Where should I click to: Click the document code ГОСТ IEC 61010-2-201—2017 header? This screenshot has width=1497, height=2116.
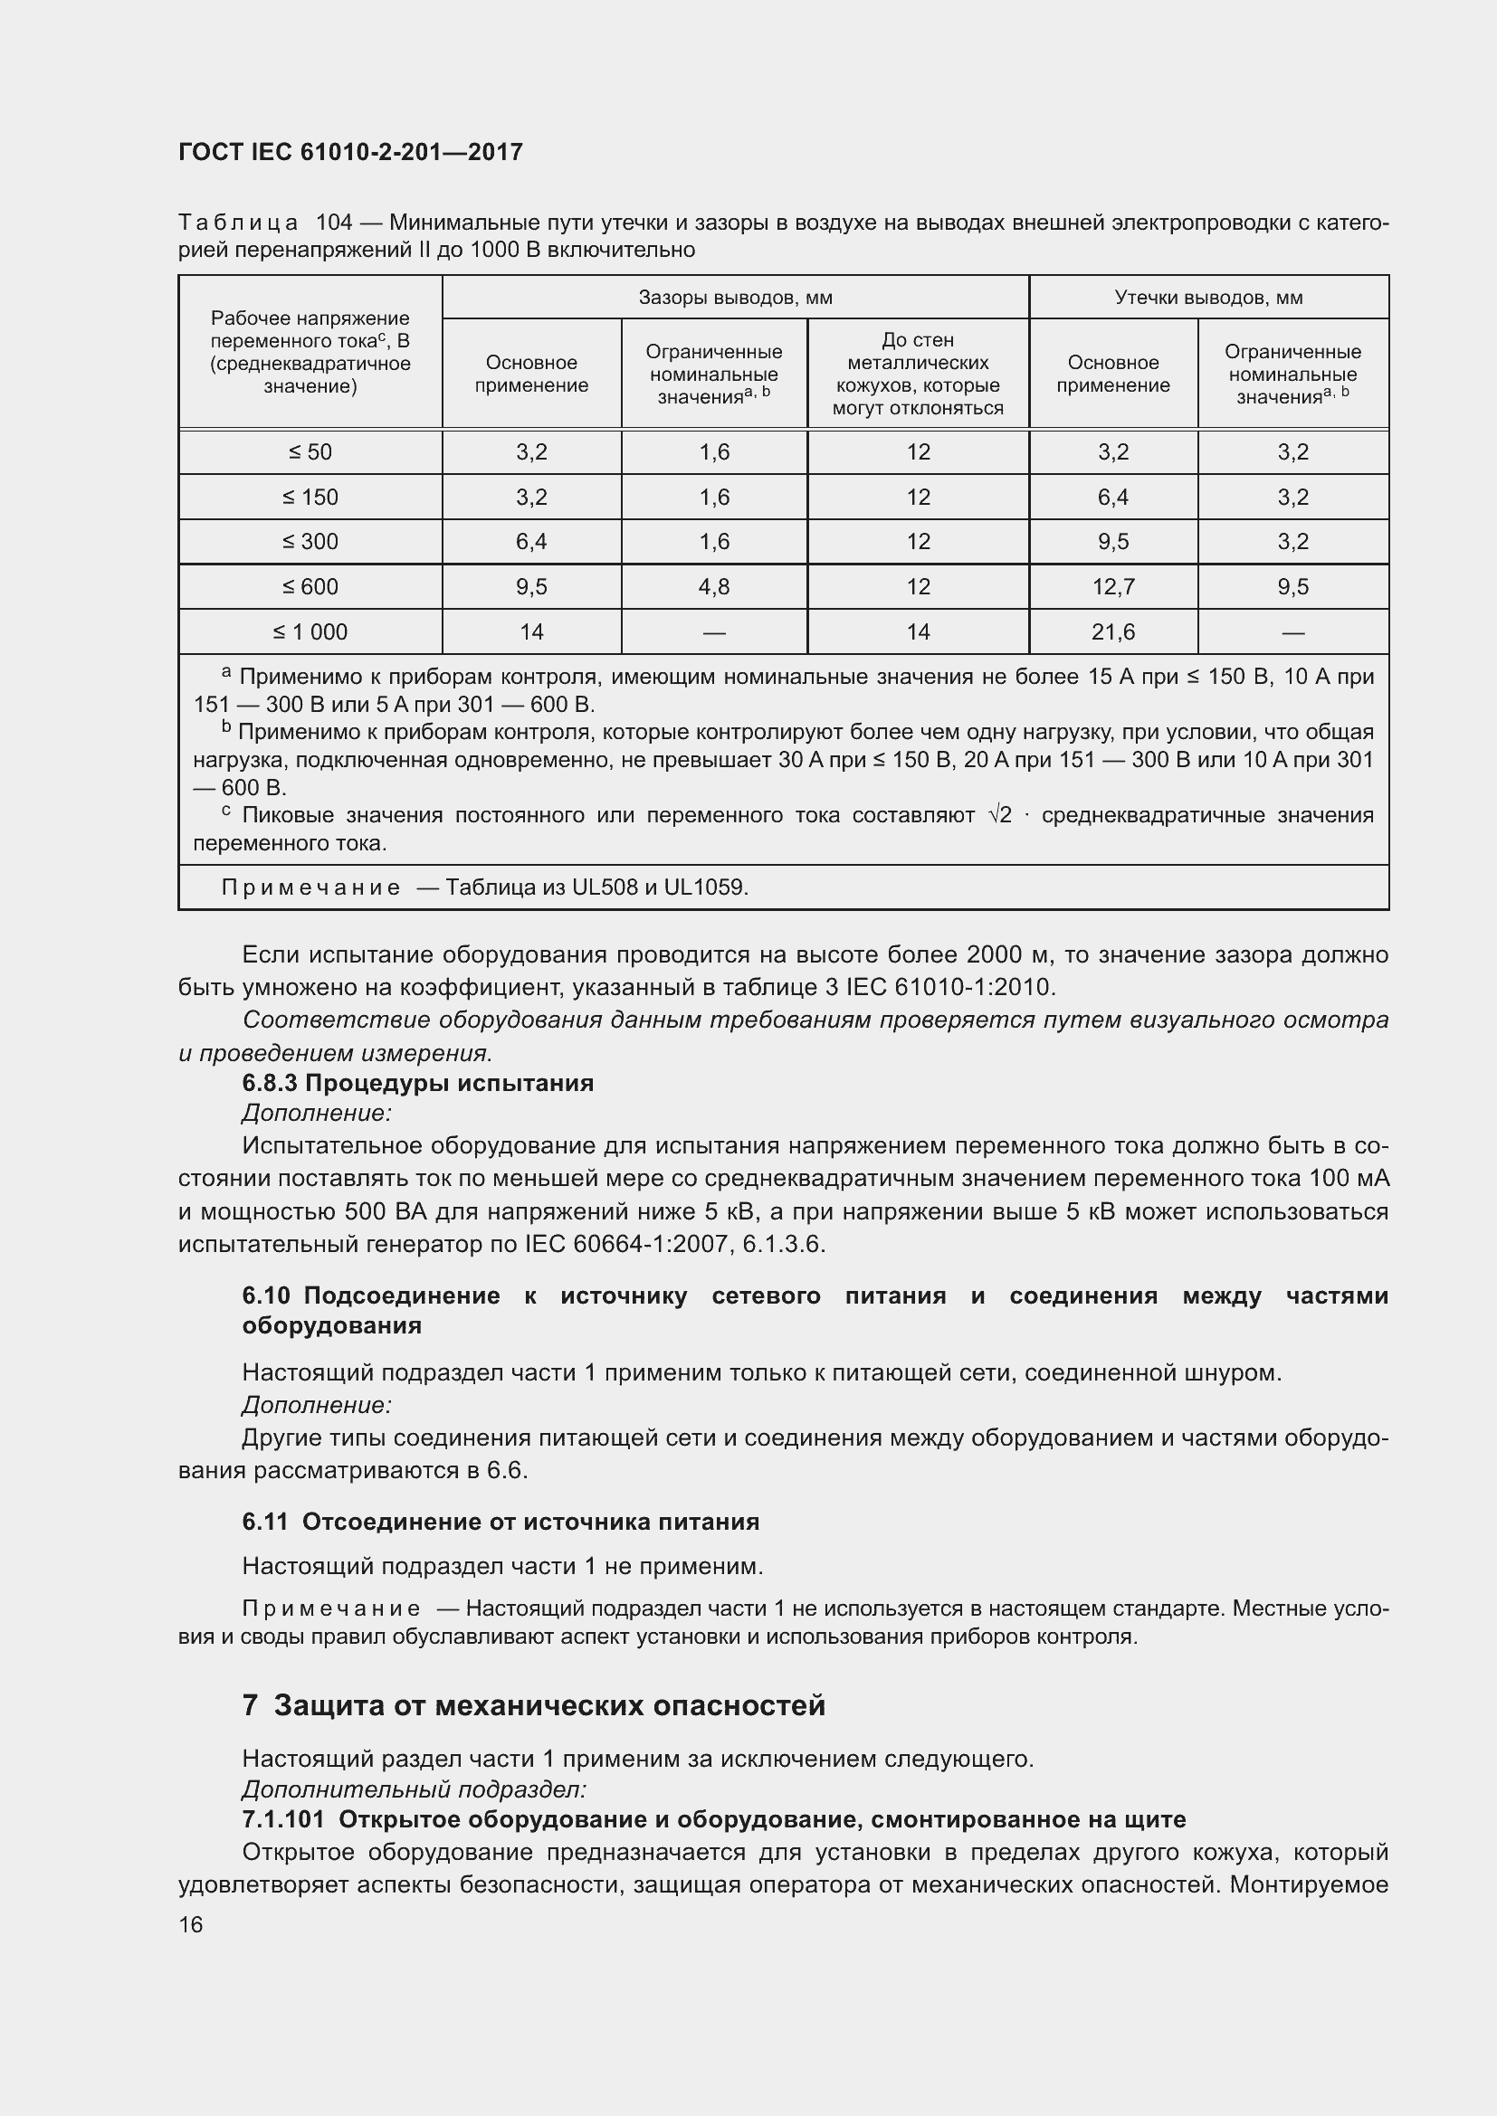click(x=350, y=152)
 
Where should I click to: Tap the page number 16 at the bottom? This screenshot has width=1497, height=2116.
click(x=191, y=1924)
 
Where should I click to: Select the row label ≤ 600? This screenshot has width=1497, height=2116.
click(x=310, y=587)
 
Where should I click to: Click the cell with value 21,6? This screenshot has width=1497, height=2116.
click(x=1112, y=632)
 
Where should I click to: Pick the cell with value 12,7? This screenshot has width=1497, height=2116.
click(x=1112, y=587)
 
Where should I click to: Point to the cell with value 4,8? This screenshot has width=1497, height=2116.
click(x=713, y=587)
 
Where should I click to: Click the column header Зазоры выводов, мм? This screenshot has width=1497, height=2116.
click(x=735, y=298)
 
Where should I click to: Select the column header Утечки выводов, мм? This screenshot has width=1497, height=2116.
click(x=1207, y=298)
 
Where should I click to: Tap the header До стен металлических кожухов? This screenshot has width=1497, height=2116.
click(x=917, y=375)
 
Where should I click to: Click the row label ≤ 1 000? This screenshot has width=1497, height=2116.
click(x=310, y=632)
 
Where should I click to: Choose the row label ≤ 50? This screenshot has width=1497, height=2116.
click(x=310, y=452)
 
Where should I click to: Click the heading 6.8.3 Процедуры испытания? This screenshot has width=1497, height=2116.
click(x=417, y=1083)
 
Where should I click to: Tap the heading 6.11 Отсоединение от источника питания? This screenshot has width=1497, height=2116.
click(x=501, y=1522)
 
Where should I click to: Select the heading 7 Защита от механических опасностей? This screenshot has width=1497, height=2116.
click(x=534, y=1706)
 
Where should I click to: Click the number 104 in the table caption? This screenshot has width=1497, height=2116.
click(x=334, y=223)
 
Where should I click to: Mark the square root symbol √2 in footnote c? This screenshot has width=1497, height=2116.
click(x=999, y=816)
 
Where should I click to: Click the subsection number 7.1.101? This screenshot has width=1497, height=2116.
click(x=283, y=1820)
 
